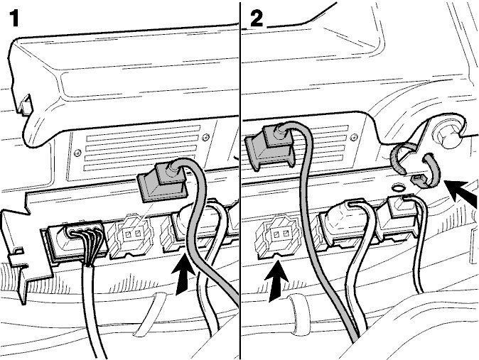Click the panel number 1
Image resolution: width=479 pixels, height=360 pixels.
(15, 18)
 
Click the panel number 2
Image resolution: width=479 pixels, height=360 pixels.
(257, 18)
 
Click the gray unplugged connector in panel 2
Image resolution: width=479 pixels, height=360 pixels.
(269, 146)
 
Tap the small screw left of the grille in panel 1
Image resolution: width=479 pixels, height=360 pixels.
(78, 152)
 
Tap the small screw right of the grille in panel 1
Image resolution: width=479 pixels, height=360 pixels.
(205, 138)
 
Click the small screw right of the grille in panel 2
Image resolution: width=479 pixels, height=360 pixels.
(354, 136)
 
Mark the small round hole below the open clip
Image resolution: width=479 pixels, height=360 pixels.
(397, 186)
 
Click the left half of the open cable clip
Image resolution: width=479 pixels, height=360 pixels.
(398, 159)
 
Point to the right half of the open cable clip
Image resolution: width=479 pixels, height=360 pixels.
(431, 171)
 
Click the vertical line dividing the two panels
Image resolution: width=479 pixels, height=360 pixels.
(240, 180)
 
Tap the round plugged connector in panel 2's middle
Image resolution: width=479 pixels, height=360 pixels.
(336, 220)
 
